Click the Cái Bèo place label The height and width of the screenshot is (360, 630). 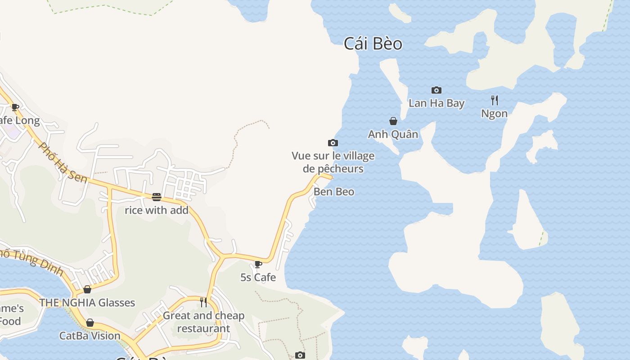pos(373,44)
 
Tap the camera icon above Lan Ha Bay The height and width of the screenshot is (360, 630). pos(436,90)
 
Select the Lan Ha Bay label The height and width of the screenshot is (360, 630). pos(436,103)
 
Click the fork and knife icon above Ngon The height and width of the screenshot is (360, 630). pos(494,100)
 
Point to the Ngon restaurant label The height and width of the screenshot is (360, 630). pos(494,114)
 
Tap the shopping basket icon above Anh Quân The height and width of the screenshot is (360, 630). pos(393,121)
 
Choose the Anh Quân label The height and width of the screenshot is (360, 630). pos(393,134)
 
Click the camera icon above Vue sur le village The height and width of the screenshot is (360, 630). pos(333,143)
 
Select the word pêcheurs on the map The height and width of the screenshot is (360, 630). pos(340,169)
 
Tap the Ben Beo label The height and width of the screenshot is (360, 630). pos(334,192)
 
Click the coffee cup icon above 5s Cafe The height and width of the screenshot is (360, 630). pos(258,264)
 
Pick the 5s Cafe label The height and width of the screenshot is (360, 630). pos(258,277)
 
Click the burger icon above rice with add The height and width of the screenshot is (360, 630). pos(156,197)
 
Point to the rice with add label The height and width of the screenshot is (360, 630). pos(156,210)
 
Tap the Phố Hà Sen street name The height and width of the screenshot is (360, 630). pos(63,162)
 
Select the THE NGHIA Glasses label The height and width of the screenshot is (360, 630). pos(87,302)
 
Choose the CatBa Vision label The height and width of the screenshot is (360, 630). pos(90,336)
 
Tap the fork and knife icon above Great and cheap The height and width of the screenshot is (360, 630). pos(203,302)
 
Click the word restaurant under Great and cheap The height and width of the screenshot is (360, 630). pos(203,328)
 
